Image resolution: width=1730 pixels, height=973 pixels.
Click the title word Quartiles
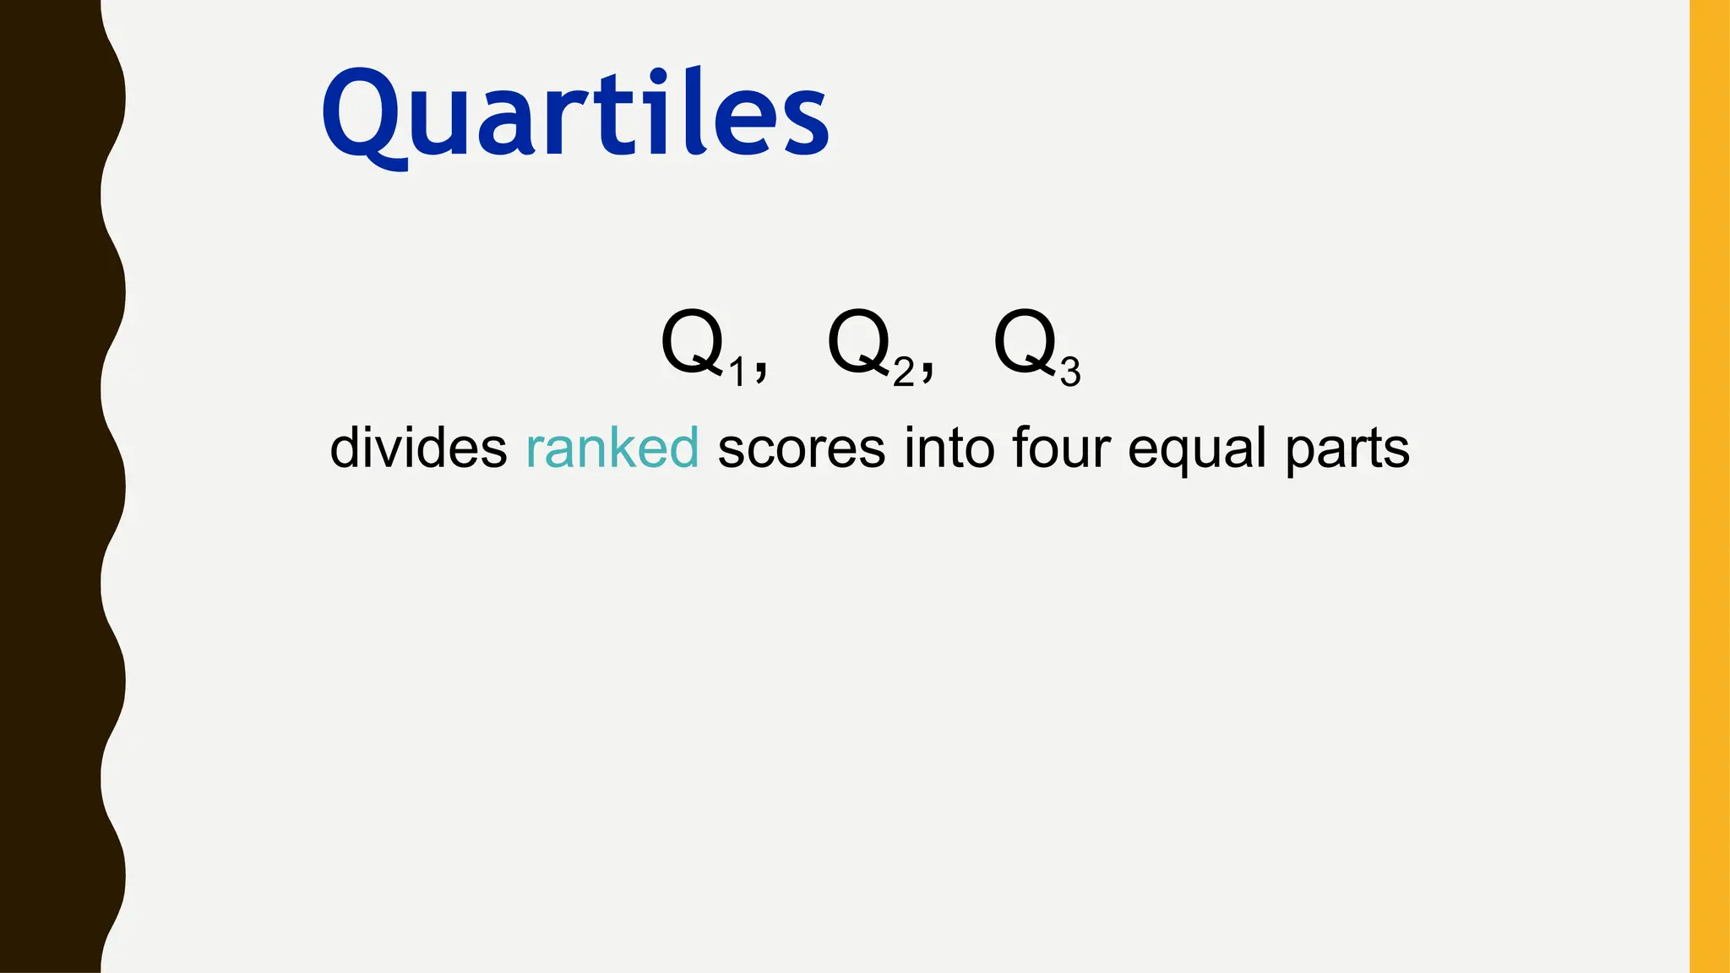[x=574, y=114]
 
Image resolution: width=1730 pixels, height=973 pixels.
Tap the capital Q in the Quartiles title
[x=363, y=114]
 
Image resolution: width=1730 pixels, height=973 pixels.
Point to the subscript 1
[x=737, y=372]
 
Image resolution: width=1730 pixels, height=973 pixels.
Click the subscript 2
[x=904, y=372]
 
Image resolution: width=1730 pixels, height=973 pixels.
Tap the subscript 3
[x=1070, y=372]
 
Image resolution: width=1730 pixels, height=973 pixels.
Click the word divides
[x=418, y=448]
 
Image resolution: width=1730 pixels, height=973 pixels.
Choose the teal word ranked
[x=612, y=448]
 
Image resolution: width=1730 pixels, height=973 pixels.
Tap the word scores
[x=801, y=448]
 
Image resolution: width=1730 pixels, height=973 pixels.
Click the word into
[x=948, y=448]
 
